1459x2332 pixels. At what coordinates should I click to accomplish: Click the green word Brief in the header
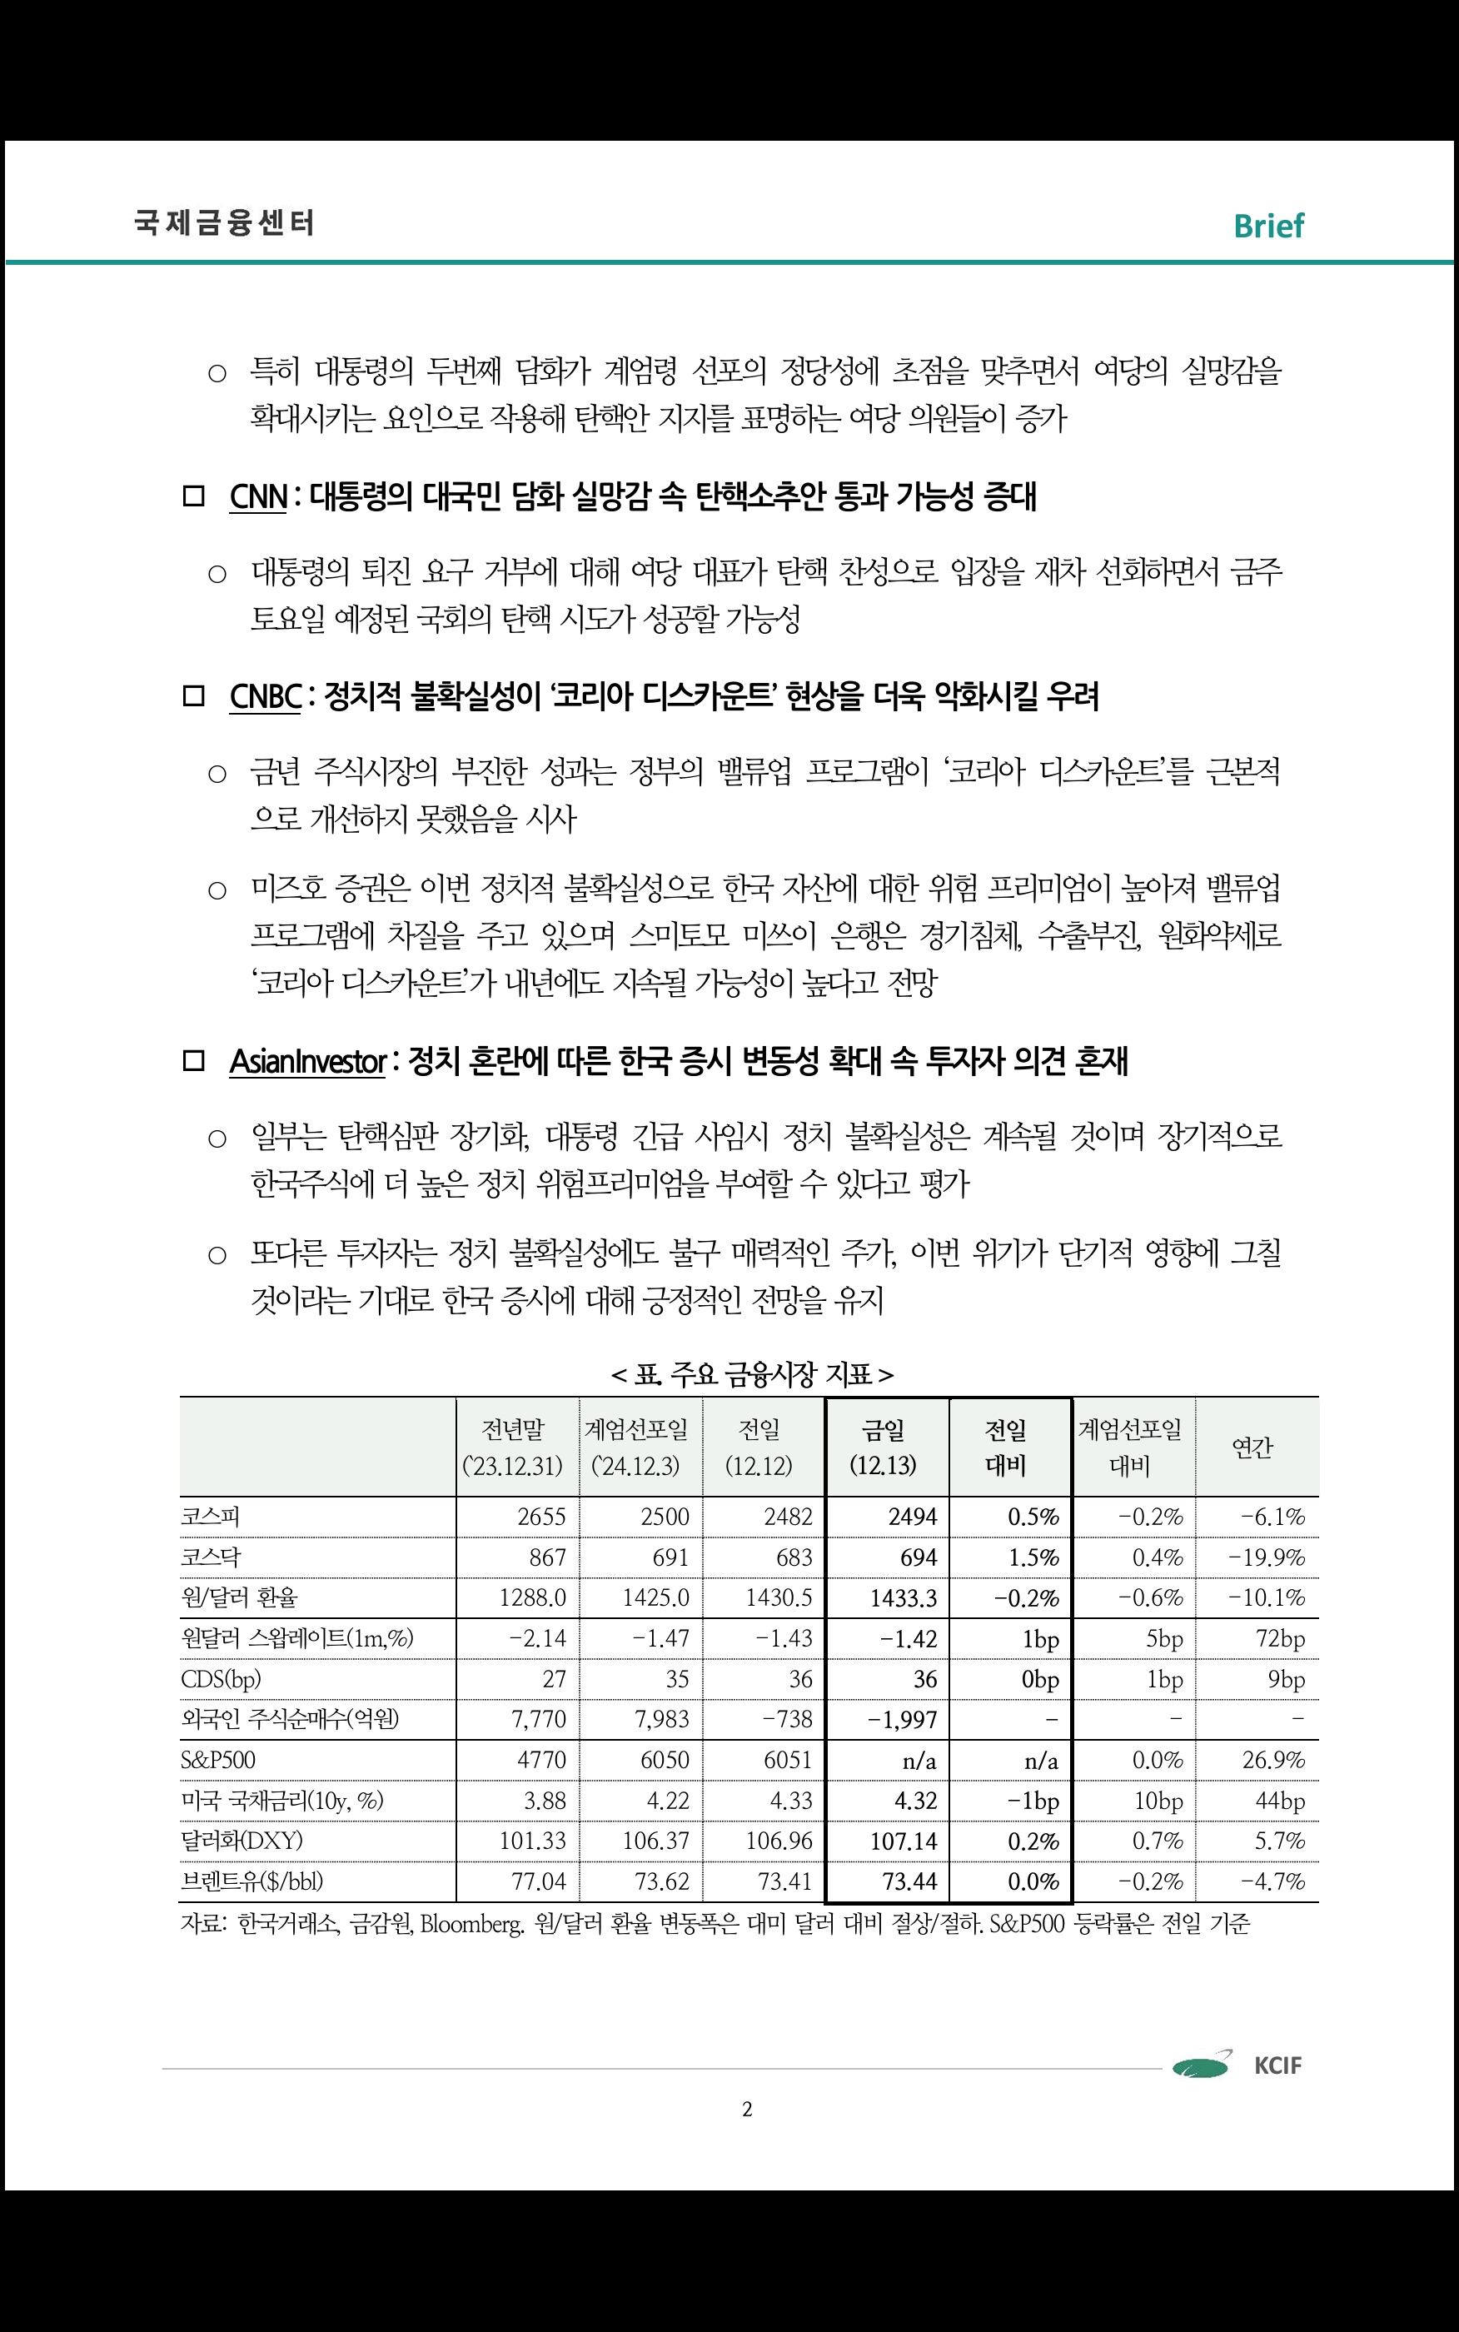coord(1268,226)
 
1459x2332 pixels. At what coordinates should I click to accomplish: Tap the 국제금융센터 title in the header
coord(224,223)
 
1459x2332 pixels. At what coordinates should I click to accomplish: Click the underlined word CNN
coord(257,497)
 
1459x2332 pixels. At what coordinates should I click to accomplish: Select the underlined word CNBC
coord(266,695)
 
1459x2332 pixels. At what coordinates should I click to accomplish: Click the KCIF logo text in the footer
coord(1277,2065)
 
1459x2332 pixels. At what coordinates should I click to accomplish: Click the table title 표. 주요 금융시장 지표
coord(752,1374)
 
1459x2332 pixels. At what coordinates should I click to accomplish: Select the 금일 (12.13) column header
coord(883,1448)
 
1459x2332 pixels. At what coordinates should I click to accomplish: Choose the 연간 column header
coord(1252,1448)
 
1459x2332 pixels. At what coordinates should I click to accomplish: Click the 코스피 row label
coord(211,1517)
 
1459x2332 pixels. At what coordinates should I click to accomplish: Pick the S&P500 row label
coord(218,1760)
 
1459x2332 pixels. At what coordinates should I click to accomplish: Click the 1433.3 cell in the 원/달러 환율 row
coord(904,1597)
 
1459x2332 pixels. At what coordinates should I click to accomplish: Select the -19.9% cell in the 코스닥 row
coord(1266,1557)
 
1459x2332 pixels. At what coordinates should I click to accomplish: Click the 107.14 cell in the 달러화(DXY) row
coord(904,1841)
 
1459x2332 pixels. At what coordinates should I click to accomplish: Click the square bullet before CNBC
coord(194,695)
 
